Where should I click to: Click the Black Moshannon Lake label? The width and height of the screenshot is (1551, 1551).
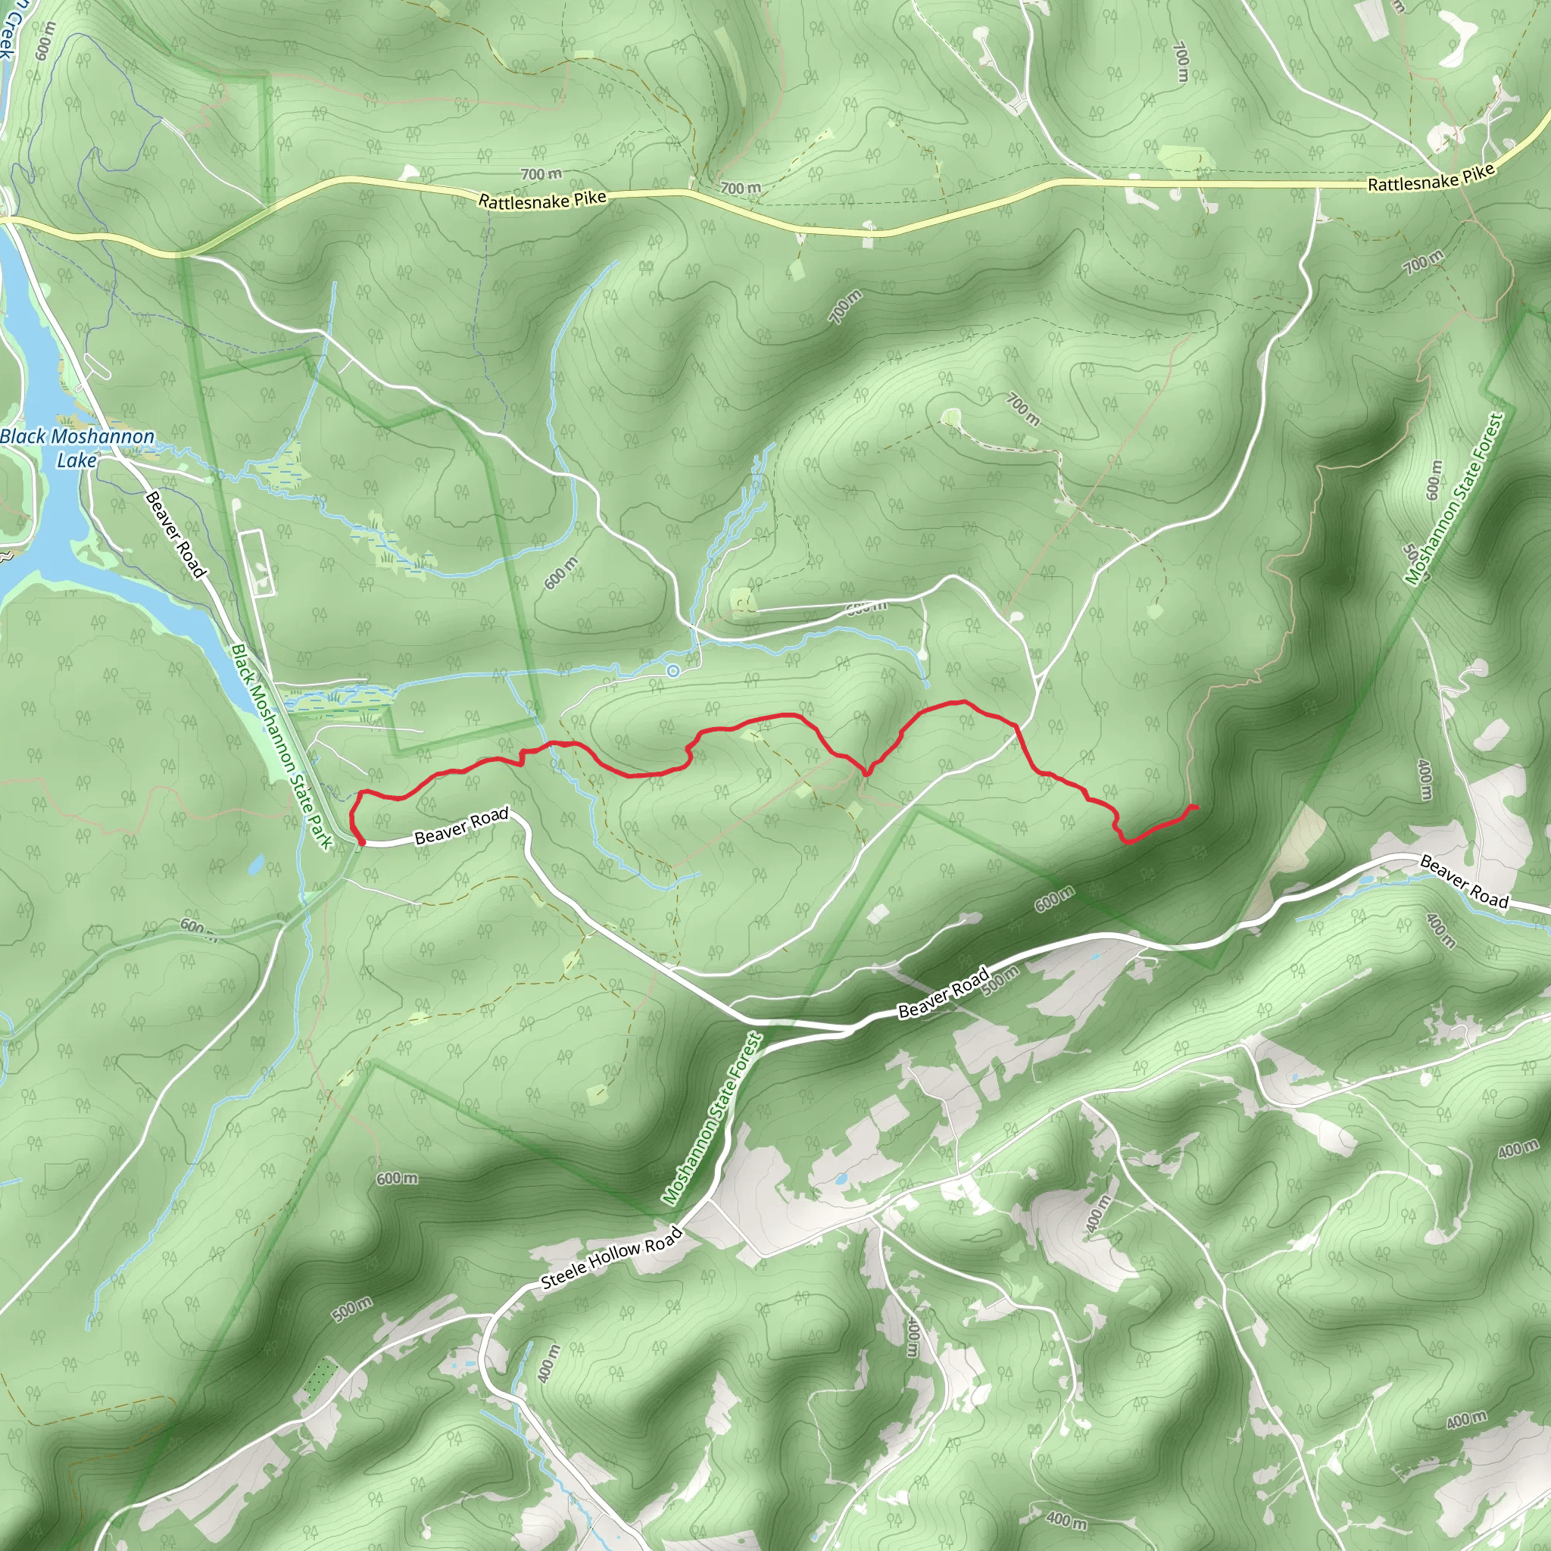click(x=77, y=448)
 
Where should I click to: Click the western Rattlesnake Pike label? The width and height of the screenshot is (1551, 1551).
click(x=542, y=200)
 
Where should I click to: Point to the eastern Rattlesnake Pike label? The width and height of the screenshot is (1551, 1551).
click(x=1431, y=177)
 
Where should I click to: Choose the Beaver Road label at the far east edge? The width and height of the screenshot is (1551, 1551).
click(x=1465, y=882)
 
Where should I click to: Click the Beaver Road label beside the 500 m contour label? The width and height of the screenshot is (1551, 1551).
click(x=944, y=993)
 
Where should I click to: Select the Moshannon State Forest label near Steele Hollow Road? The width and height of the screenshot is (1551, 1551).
click(x=712, y=1119)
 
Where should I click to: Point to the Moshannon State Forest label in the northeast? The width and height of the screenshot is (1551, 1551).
click(x=1453, y=498)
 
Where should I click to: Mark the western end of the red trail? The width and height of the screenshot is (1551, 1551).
click(x=363, y=843)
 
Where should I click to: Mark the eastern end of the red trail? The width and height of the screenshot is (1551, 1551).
click(x=1196, y=806)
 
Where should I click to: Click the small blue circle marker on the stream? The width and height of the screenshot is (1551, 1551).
click(x=673, y=670)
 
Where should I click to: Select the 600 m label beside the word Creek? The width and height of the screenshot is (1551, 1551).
click(x=45, y=40)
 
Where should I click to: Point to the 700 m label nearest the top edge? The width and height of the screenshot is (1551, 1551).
click(x=1181, y=63)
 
